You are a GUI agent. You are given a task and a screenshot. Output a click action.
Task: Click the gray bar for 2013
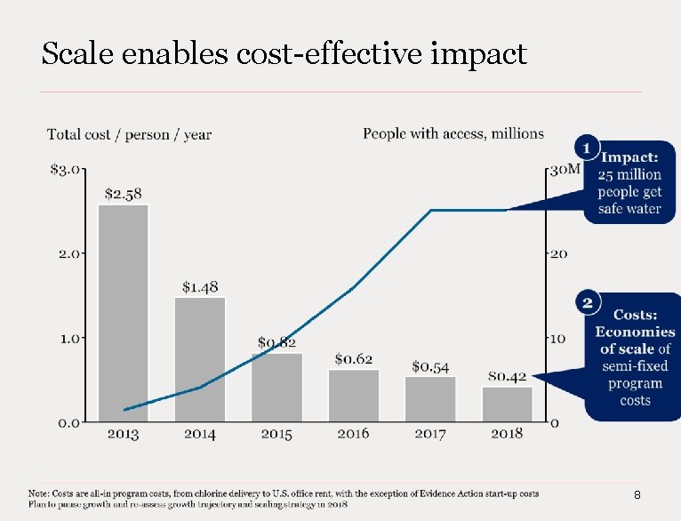(124, 313)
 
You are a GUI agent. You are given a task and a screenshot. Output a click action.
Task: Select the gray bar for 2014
(200, 359)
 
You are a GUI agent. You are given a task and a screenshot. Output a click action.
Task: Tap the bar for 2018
(508, 405)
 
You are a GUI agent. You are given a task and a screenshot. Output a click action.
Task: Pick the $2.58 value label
(124, 194)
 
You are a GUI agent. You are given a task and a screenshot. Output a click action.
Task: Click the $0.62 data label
(354, 359)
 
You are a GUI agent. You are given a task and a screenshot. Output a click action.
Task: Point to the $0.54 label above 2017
(430, 367)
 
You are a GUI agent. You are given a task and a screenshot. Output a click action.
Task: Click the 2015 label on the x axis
(276, 434)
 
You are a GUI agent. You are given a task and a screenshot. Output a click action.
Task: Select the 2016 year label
(354, 434)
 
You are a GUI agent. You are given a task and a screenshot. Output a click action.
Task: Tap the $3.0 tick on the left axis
(65, 169)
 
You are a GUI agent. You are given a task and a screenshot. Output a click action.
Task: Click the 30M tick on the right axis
(565, 169)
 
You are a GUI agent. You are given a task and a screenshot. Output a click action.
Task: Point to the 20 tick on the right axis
(558, 254)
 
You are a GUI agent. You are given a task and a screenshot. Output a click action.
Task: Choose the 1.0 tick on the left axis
(69, 338)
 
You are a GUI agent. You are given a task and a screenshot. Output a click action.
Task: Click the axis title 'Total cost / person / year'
(129, 134)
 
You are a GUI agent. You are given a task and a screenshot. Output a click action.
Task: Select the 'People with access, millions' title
(453, 133)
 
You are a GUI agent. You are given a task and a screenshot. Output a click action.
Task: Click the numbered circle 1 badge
(587, 148)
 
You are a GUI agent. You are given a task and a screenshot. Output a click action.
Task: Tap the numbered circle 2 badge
(588, 302)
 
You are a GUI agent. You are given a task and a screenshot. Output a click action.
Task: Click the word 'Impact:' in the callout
(629, 157)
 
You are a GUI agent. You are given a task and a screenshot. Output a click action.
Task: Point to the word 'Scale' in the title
(77, 53)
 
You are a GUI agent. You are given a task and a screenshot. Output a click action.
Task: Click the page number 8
(637, 495)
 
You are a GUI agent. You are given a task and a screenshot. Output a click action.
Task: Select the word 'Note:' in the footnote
(39, 493)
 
